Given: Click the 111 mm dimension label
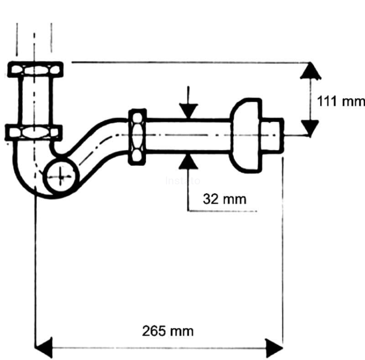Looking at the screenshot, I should coord(340,102).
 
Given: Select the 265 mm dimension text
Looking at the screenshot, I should coord(168,331).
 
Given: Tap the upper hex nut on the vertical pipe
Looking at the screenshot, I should coord(35,69).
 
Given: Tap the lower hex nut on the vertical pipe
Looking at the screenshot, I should coord(34,132).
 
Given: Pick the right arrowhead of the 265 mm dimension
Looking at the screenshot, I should coord(274,347).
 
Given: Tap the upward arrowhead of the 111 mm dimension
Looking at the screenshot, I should coord(310,72).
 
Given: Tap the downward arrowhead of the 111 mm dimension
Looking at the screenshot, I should coord(310,127).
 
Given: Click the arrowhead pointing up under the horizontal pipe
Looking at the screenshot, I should coord(188,162).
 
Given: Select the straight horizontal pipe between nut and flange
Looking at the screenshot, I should coord(187,136).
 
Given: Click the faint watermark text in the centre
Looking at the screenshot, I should coord(183,181).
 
